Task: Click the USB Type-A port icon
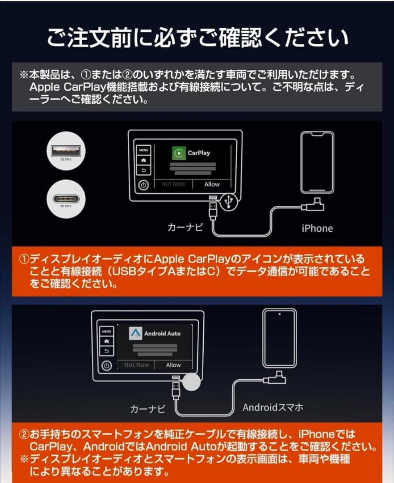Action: coord(66,151)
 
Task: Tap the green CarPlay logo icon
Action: coord(179,153)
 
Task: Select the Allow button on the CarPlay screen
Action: coord(212,184)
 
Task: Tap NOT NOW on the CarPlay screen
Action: coord(173,184)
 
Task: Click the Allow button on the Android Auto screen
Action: coord(173,365)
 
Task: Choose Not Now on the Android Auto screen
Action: coord(137,365)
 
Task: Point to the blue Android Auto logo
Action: coord(135,333)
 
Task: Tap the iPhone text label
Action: coord(317,229)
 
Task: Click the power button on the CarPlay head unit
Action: coord(143,185)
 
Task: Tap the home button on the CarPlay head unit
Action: coord(143,160)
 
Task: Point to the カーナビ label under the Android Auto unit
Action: coord(148,409)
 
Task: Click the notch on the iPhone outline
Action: coord(317,135)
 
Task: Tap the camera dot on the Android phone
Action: coord(280,314)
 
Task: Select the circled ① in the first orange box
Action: coord(24,259)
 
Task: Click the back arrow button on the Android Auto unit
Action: coord(106,351)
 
